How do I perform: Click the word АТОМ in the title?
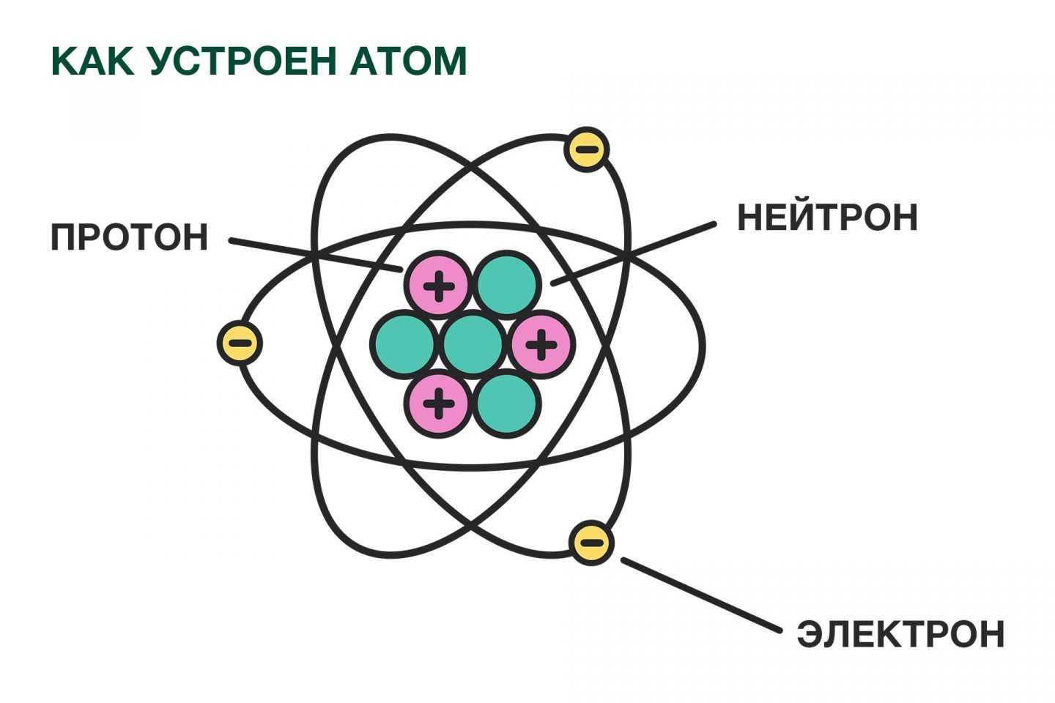408,61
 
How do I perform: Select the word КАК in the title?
92,61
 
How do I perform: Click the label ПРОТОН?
129,238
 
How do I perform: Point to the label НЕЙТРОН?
827,217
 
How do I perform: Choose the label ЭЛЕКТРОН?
900,634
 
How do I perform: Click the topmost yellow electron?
587,150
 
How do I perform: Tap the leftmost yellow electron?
240,343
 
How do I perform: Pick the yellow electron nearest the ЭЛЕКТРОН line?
591,543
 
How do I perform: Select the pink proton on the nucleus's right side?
541,343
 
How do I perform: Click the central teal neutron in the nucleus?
474,343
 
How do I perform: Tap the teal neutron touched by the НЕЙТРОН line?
508,284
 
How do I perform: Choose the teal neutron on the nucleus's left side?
403,343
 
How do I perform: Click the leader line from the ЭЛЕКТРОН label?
701,595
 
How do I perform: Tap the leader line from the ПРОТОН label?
315,255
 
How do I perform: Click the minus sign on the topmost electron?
587,150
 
